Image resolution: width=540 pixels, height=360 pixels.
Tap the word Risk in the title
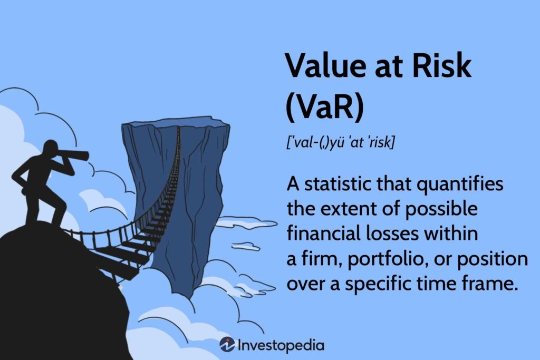tap(442, 65)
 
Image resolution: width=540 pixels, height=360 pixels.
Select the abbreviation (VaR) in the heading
tap(325, 108)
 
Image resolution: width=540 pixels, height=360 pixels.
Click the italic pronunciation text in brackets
tap(340, 142)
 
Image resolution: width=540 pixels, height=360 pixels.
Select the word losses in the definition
tap(390, 233)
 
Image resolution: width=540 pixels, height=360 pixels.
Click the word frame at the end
tap(493, 284)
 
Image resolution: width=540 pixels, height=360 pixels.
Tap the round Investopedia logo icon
tap(227, 345)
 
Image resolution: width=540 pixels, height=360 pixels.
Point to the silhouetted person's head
tap(51, 148)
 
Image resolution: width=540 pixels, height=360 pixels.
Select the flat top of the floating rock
tap(176, 122)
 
